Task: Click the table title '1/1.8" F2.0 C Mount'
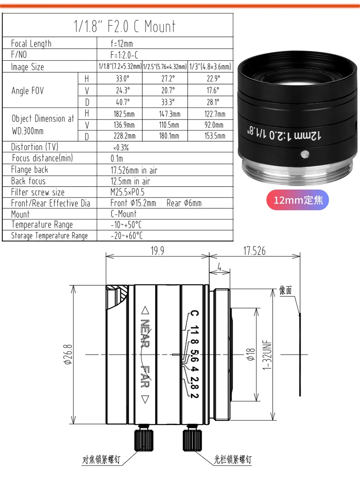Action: pos(124,26)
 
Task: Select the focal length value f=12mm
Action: pos(121,44)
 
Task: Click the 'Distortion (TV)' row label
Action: pos(35,147)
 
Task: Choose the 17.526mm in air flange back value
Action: pos(134,170)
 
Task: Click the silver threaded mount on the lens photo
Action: pos(297,173)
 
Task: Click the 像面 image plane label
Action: pos(286,290)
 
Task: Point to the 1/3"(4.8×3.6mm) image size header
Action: pos(210,67)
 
